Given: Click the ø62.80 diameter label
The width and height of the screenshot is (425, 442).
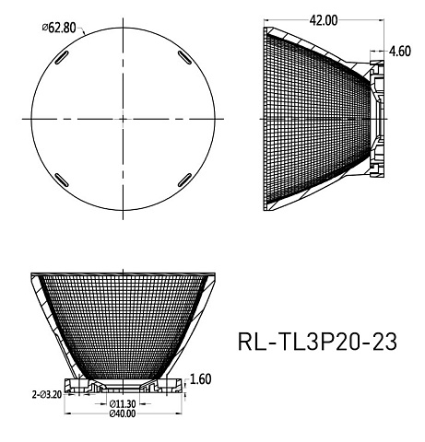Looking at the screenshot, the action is (x=59, y=28).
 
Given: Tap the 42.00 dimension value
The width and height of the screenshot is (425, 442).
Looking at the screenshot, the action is (x=324, y=20).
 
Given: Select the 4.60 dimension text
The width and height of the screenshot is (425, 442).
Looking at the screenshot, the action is (x=400, y=52).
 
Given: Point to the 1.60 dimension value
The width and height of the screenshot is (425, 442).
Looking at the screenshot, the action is (x=201, y=379).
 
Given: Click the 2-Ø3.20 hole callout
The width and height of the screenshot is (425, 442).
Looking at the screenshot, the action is (x=47, y=394).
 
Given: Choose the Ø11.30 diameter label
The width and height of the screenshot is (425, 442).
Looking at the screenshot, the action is (x=123, y=403).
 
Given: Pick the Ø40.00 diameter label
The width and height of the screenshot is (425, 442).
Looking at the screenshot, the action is (x=123, y=413).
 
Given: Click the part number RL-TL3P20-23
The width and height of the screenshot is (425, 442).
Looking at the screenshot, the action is (x=317, y=342).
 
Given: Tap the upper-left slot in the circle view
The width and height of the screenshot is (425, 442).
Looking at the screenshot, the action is (x=62, y=58).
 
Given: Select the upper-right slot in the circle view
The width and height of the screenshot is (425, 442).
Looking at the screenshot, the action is (x=184, y=57).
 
